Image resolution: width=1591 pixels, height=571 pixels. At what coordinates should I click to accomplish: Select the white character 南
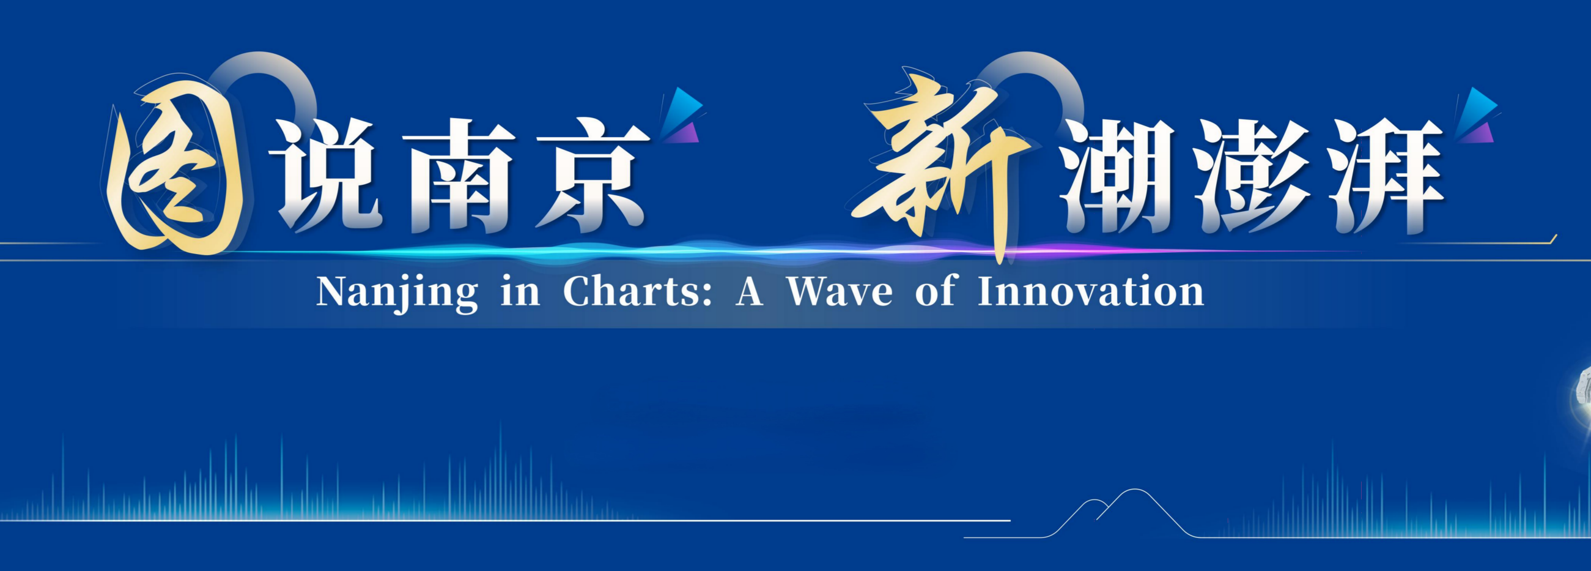pyautogui.click(x=460, y=176)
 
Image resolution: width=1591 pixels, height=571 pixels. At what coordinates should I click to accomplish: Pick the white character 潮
pyautogui.click(x=1118, y=176)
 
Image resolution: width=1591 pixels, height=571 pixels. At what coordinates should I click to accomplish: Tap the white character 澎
pyautogui.click(x=1250, y=176)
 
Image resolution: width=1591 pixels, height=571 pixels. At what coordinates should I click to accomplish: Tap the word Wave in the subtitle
pyautogui.click(x=840, y=292)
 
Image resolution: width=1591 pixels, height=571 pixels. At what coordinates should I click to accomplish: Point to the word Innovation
pyautogui.click(x=1091, y=292)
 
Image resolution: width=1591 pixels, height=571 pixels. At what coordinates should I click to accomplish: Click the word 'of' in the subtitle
pyautogui.click(x=935, y=292)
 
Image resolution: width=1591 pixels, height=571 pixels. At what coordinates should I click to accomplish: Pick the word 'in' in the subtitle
pyautogui.click(x=520, y=292)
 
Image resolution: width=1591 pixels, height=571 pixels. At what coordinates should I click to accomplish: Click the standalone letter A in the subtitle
pyautogui.click(x=748, y=292)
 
